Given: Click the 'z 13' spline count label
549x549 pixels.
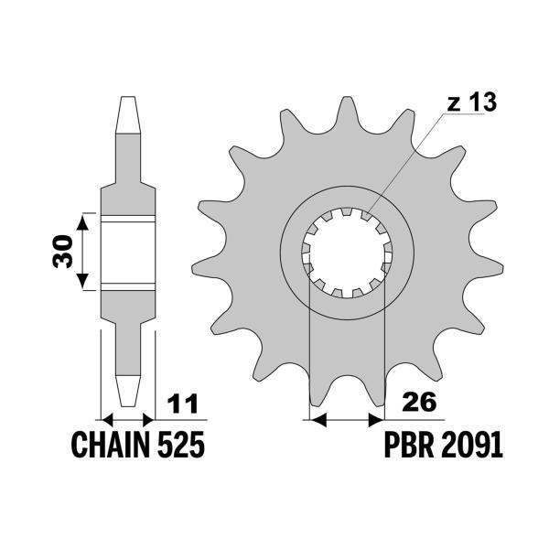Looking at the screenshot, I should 471,102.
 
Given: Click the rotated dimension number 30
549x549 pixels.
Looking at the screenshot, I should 63,251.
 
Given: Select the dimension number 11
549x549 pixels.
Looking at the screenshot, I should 184,404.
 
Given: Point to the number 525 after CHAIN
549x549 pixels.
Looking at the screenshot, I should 179,446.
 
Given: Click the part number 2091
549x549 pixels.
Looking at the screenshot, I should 471,446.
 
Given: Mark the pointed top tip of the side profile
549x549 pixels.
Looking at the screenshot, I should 127,99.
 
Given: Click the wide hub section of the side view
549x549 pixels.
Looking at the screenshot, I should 127,252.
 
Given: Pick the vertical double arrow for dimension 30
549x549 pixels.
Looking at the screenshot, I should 83,251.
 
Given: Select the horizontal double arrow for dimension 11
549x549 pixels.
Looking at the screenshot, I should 127,419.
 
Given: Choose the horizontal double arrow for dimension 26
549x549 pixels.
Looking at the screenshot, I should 348,419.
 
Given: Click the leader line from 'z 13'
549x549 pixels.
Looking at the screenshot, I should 412,159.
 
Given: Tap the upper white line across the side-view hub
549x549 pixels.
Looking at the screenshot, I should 127,219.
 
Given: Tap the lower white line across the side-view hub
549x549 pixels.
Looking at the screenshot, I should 127,285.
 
